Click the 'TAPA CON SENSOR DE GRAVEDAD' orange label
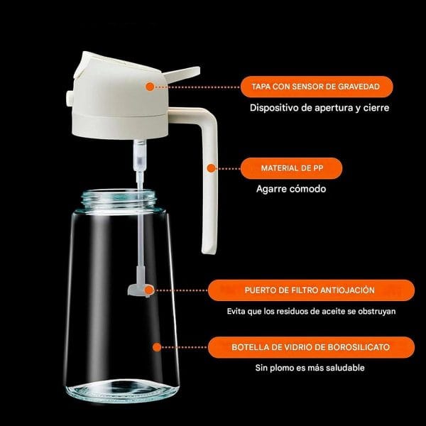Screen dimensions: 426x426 pyautogui.click(x=317, y=87)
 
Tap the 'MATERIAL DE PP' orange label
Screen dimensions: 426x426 pyautogui.click(x=292, y=168)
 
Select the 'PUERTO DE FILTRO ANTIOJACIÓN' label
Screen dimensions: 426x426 pyautogui.click(x=311, y=290)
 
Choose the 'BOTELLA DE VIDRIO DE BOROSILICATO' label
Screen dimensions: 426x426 pyautogui.click(x=311, y=347)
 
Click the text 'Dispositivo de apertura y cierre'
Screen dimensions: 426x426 pyautogui.click(x=319, y=108)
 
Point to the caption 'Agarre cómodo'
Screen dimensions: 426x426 pyautogui.click(x=291, y=189)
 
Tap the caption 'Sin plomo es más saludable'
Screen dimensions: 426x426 pyautogui.click(x=310, y=368)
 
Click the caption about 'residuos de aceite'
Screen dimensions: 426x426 pyautogui.click(x=311, y=311)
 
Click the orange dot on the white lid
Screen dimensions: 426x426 pyautogui.click(x=150, y=87)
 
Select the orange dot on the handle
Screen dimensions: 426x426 pyautogui.click(x=211, y=168)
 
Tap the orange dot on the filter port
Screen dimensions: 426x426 pyautogui.click(x=149, y=290)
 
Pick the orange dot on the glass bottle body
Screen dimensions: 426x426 pyautogui.click(x=157, y=347)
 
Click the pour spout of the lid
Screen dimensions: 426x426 pyautogui.click(x=182, y=74)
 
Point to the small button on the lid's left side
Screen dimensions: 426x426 pyautogui.click(x=70, y=98)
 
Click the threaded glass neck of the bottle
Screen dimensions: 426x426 pyautogui.click(x=119, y=200)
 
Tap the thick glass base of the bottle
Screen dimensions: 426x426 pyautogui.click(x=122, y=391)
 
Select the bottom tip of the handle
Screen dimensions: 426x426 pyautogui.click(x=209, y=252)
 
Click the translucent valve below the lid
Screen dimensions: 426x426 pyautogui.click(x=140, y=155)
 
